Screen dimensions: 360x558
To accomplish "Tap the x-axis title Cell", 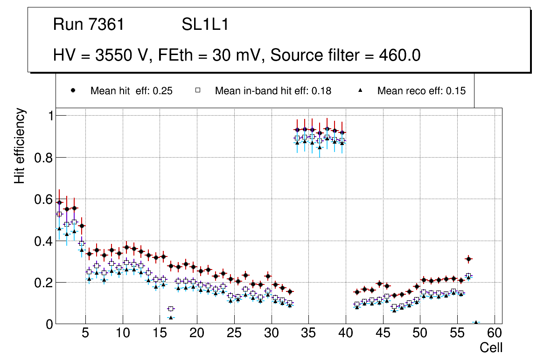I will coord(491,348).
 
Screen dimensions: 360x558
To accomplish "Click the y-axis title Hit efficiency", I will coord(20,146).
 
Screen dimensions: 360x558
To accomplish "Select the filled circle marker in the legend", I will coord(73,90).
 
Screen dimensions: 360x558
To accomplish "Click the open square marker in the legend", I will coord(197,90).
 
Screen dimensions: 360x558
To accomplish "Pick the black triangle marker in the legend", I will coord(360,90).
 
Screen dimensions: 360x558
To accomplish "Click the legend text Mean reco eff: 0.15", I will coord(421,91).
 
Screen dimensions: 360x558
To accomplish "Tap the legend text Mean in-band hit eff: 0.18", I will coord(273,91).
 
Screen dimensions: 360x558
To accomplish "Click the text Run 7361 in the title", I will coord(89,25).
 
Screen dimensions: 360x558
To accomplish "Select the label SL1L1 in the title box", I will coord(205,25).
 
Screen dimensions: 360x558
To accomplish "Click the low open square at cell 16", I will coord(171,309).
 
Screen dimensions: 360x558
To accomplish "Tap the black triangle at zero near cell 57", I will coord(476,323).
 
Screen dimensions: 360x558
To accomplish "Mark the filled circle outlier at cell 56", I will coord(468,259).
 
